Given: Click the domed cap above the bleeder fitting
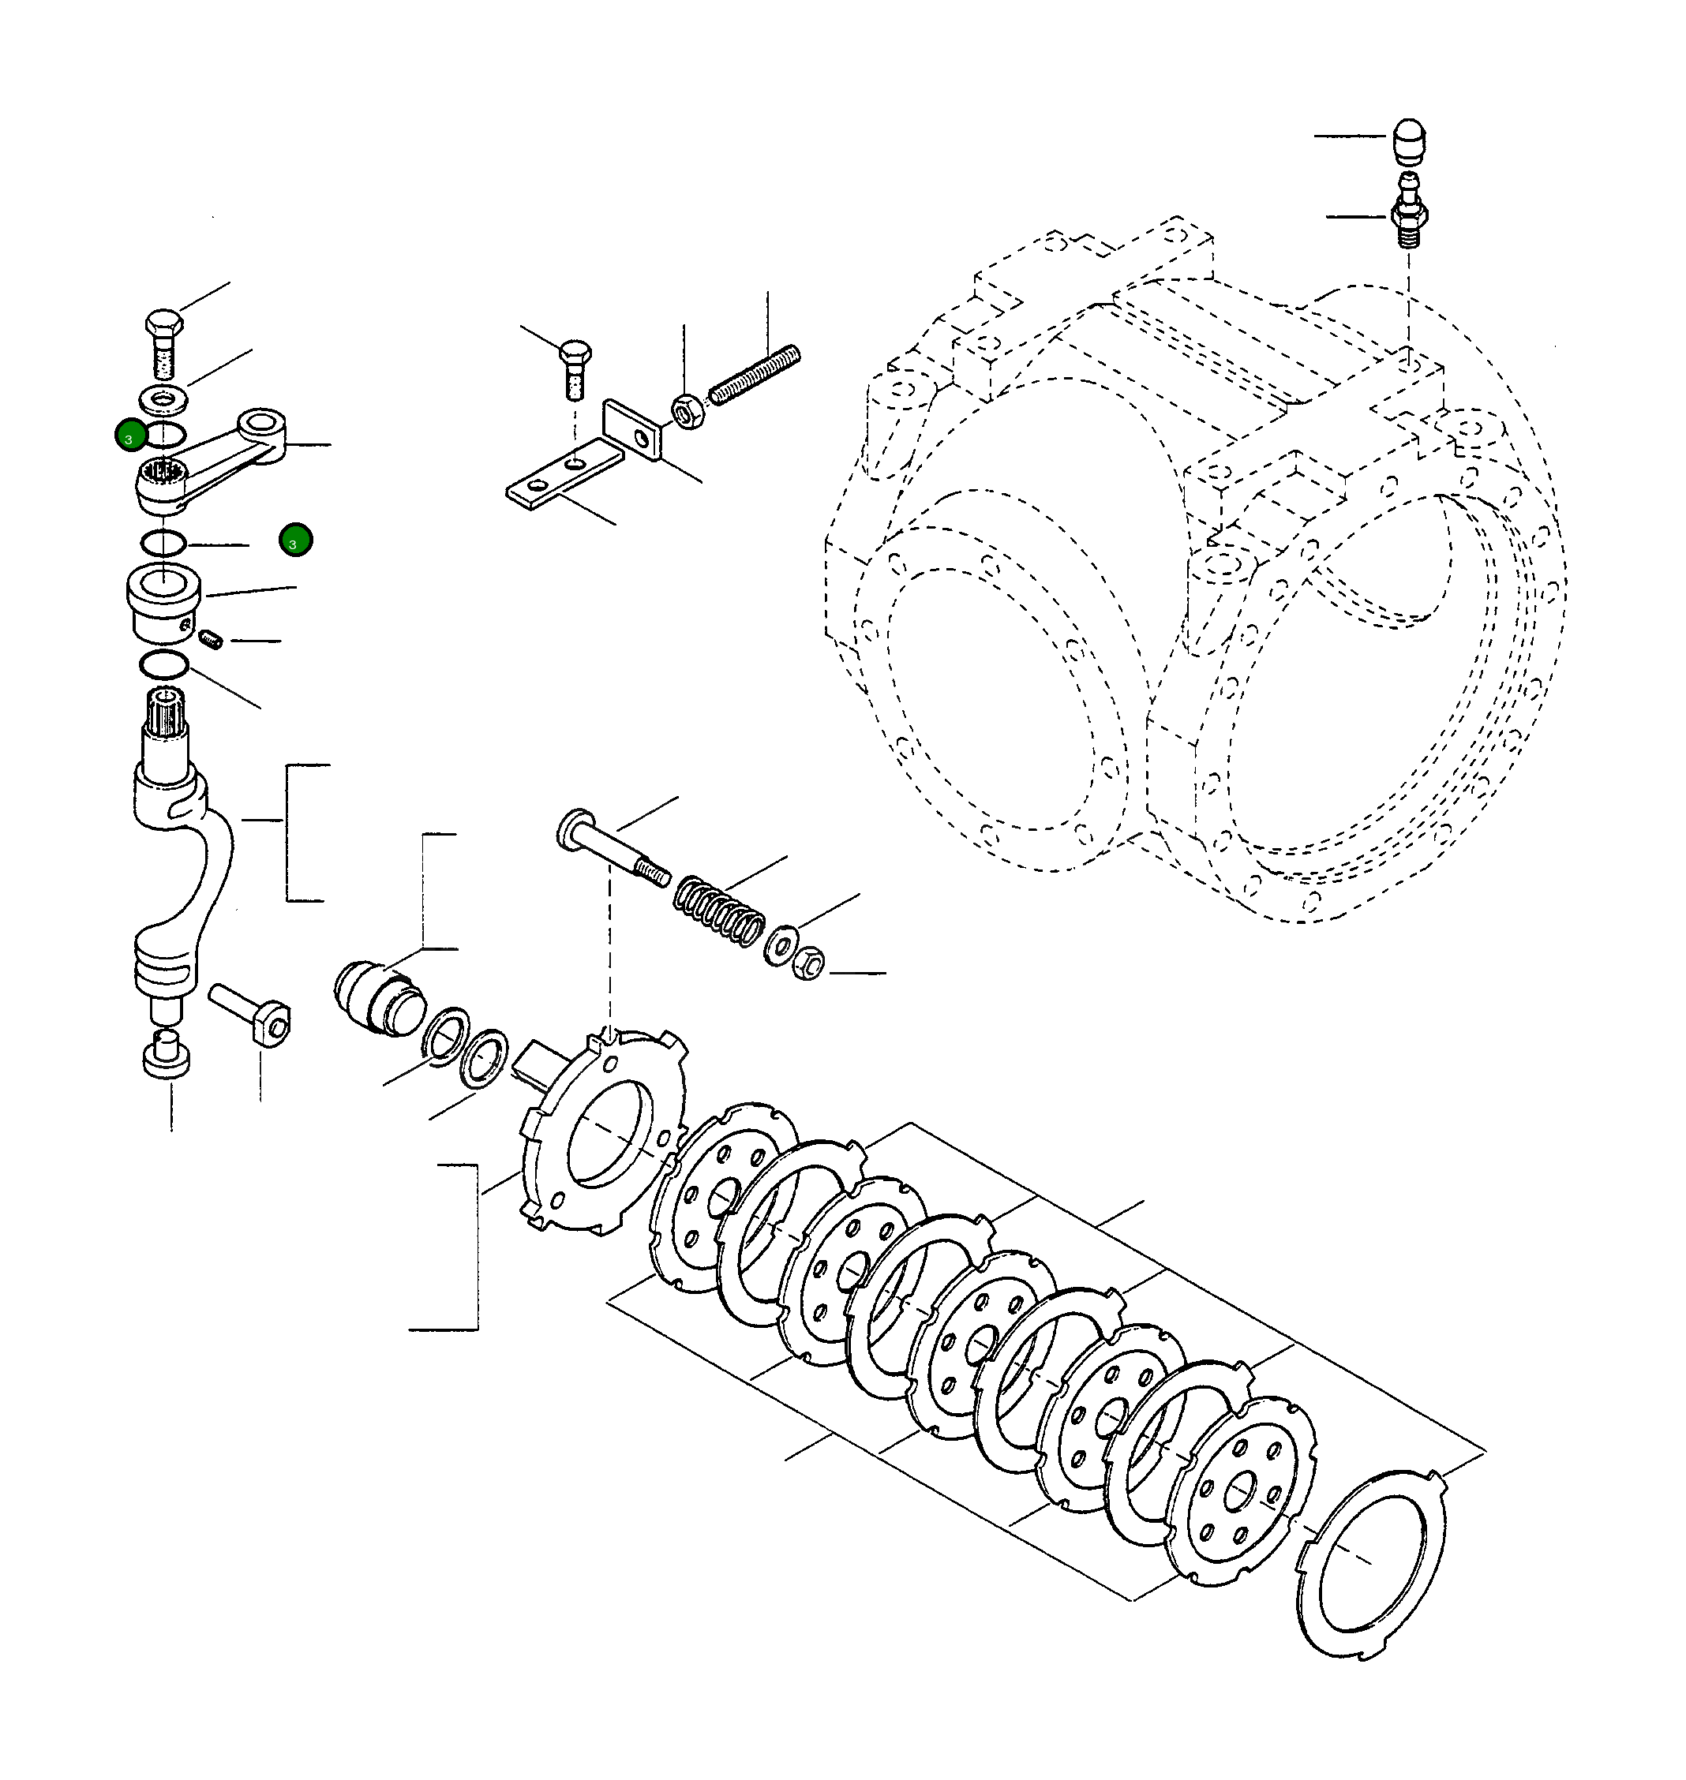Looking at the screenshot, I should [1408, 140].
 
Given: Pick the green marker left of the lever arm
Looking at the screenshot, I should [131, 436].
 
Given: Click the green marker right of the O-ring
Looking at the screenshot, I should [296, 541].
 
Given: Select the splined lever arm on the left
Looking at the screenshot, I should [212, 462].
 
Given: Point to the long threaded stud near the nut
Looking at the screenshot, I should [754, 375].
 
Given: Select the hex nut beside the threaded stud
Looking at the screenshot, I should [688, 413].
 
